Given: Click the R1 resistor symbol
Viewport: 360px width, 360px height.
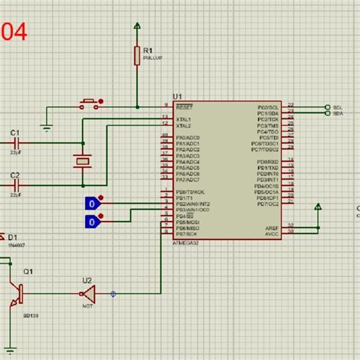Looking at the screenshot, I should pos(137,55).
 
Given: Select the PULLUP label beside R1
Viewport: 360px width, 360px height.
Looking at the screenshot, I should pos(150,57).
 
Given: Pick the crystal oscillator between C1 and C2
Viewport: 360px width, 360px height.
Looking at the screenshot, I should pos(81,161).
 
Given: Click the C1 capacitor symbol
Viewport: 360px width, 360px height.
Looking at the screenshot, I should pos(15,142).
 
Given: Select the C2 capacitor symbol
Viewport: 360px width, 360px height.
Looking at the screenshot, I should pos(15,184).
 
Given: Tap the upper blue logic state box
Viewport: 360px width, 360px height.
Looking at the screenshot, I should pos(91,203).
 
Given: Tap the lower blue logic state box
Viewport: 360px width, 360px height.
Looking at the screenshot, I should pos(91,221).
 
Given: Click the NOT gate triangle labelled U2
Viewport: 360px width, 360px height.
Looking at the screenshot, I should pos(88,293).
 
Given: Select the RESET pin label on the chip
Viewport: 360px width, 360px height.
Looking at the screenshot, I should pos(183,107).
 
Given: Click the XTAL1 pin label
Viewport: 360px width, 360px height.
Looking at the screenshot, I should pos(184,119).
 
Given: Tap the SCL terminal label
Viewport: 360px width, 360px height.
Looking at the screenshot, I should pos(338,107).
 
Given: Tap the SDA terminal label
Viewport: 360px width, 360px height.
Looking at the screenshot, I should pos(338,113).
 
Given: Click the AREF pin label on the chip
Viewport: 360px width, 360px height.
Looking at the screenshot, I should pos(272,227).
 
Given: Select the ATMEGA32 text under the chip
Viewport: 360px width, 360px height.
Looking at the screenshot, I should pos(185,242).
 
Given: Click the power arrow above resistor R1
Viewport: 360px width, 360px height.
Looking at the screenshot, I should pos(137,28).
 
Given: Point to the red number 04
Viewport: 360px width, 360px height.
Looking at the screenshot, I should pos(14,32).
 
